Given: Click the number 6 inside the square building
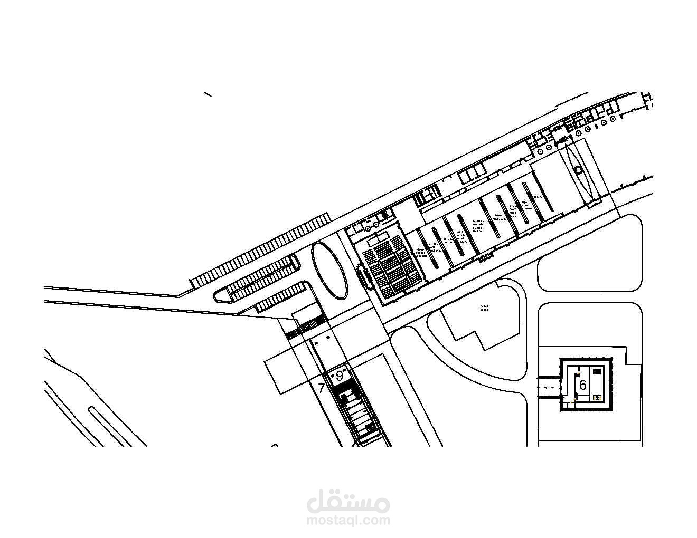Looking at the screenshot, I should click(x=582, y=385).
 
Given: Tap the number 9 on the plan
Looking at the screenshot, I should click(x=340, y=376).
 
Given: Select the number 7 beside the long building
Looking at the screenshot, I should click(x=321, y=389).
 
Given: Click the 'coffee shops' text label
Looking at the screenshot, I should click(x=484, y=308).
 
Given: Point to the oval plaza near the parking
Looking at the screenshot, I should click(x=329, y=270).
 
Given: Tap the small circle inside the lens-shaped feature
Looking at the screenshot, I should click(x=579, y=170).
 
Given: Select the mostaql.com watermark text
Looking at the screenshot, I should click(x=348, y=520).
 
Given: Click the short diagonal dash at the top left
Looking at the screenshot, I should click(x=208, y=95).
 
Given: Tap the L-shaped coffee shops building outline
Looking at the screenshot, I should click(x=478, y=322).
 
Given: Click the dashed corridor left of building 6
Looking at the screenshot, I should click(x=549, y=387).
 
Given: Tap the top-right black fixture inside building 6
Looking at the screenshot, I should click(x=597, y=371).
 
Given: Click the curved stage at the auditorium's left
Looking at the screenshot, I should click(x=364, y=275).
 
